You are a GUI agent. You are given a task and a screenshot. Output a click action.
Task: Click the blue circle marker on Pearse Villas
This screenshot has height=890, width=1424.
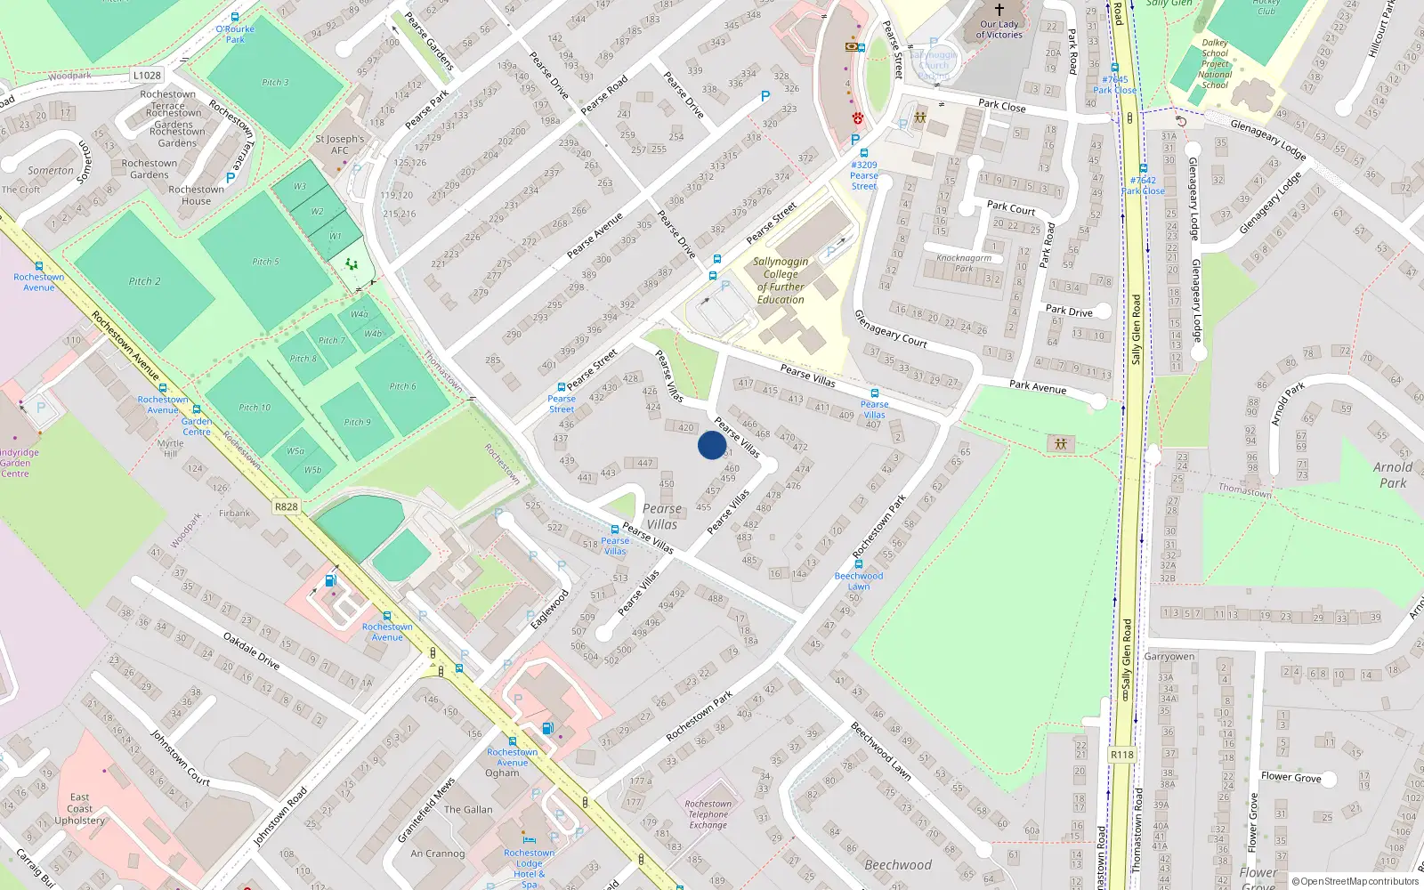712,445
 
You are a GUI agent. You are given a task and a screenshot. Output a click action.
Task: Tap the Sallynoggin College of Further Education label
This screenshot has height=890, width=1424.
781,280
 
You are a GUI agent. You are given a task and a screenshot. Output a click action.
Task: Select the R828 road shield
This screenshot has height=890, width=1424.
286,506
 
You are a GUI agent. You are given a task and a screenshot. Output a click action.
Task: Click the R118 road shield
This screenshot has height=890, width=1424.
1121,755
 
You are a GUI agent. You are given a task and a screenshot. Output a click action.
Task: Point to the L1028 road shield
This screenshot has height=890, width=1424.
147,76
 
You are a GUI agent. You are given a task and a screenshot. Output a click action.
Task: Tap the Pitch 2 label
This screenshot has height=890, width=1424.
145,281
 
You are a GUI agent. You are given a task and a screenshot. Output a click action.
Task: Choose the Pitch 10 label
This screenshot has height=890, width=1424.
255,408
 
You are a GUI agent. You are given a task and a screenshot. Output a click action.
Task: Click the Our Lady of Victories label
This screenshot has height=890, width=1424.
999,30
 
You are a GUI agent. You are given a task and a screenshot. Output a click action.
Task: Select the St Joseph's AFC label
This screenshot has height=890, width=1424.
340,144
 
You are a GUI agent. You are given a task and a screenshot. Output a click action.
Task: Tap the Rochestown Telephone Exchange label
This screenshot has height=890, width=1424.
708,814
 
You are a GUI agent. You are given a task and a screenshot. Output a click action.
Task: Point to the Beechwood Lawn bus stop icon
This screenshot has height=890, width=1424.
859,563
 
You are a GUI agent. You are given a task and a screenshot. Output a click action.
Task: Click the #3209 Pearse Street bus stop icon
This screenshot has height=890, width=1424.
863,153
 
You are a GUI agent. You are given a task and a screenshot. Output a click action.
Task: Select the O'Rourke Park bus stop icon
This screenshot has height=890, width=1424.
235,17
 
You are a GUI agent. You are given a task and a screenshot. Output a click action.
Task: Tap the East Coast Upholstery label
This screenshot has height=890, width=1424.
79,809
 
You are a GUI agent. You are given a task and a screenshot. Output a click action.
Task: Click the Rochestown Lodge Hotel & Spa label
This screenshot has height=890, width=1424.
530,869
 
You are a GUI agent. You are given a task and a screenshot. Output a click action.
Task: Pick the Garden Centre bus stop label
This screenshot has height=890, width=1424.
197,426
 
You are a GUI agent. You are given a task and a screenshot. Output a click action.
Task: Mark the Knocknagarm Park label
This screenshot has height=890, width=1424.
963,263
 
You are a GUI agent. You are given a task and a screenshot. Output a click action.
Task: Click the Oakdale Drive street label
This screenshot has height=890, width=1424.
251,651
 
